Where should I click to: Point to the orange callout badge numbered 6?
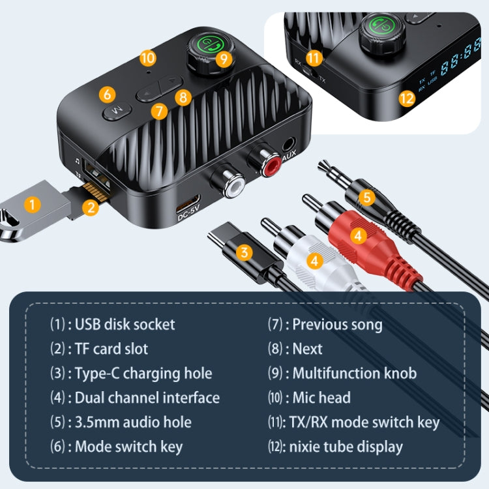[108, 94]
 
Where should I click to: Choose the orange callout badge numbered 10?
[148, 57]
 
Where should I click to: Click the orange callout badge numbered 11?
[314, 57]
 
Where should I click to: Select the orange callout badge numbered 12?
[407, 98]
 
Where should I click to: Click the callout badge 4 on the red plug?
[358, 235]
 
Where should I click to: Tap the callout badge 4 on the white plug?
[315, 261]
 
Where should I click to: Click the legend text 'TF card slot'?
[111, 348]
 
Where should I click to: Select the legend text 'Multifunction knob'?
[353, 373]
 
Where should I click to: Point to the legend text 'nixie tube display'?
[347, 447]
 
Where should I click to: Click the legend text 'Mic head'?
[321, 397]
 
